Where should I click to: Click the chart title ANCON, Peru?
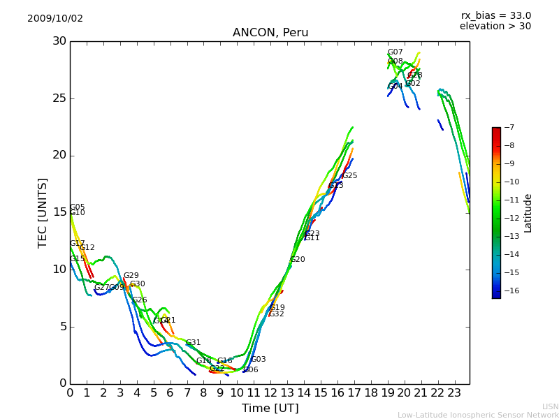pyautogui.click(x=270, y=33)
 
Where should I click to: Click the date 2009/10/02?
pyautogui.click(x=55, y=19)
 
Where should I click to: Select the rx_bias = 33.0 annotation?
pyautogui.click(x=495, y=15)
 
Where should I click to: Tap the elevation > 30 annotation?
pyautogui.click(x=495, y=27)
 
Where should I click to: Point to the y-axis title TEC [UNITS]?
pyautogui.click(x=43, y=212)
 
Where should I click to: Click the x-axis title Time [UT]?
pyautogui.click(x=270, y=408)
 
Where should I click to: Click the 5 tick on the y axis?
pyautogui.click(x=61, y=326)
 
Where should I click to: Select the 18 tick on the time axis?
pyautogui.click(x=371, y=393)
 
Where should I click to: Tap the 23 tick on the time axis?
pyautogui.click(x=454, y=393)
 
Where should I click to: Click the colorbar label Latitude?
pyautogui.click(x=528, y=212)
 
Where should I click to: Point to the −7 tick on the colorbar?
pyautogui.click(x=508, y=128)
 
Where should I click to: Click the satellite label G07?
pyautogui.click(x=395, y=52)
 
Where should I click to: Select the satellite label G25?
pyautogui.click(x=349, y=176)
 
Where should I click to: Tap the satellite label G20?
pyautogui.click(x=297, y=260)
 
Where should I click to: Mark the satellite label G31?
pyautogui.click(x=193, y=343)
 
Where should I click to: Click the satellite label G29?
pyautogui.click(x=131, y=276)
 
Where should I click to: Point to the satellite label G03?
pyautogui.click(x=258, y=360)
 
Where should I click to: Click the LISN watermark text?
pyautogui.click(x=550, y=406)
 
